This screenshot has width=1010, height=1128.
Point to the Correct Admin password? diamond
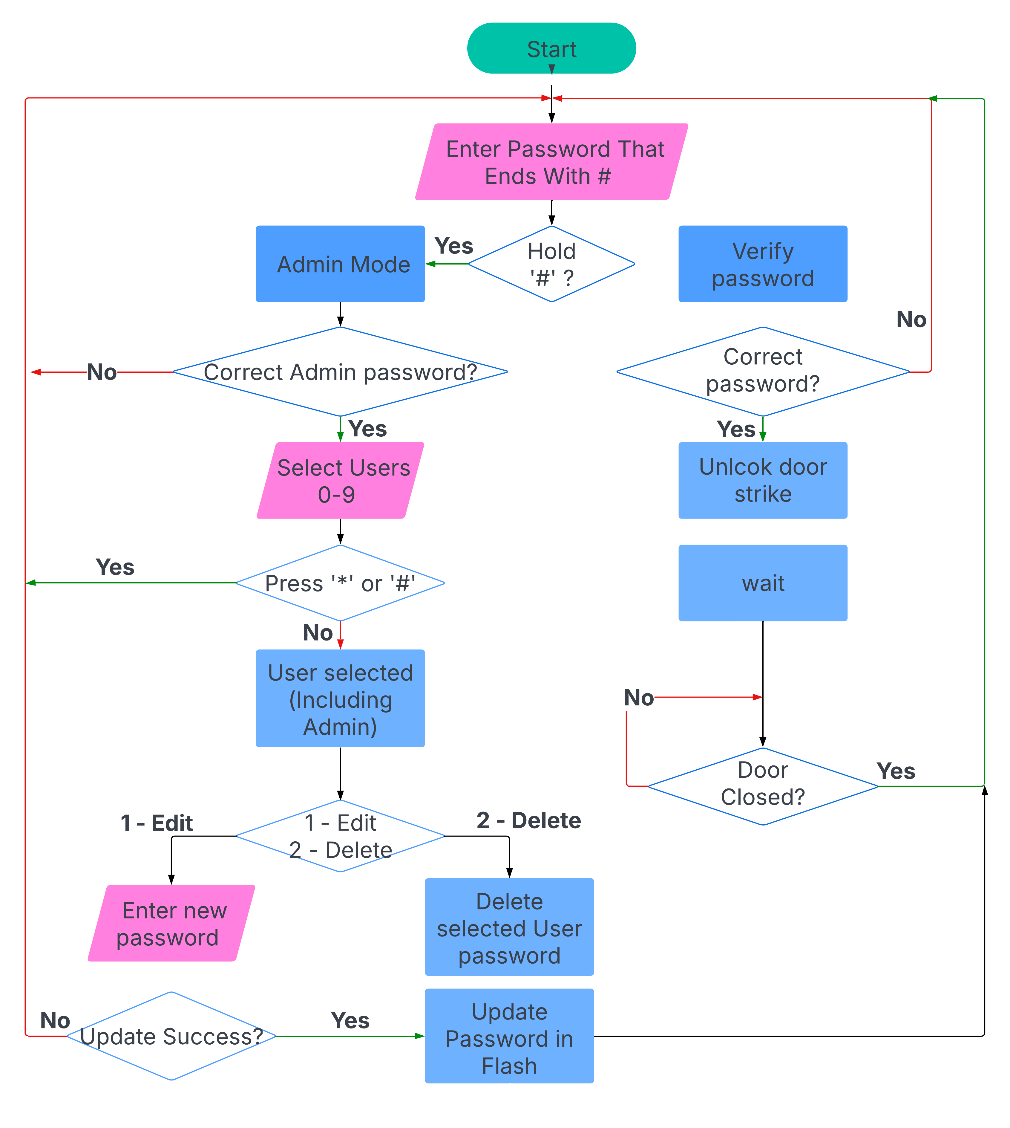[340, 372]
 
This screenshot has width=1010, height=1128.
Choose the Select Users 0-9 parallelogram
[340, 480]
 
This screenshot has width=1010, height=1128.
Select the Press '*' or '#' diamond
[340, 583]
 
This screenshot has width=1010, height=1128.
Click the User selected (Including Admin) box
[340, 698]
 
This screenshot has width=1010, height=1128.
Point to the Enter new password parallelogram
[171, 923]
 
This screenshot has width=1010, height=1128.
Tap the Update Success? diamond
[171, 1036]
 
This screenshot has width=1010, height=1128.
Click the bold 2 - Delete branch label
[528, 820]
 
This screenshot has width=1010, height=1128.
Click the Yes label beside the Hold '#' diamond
[453, 246]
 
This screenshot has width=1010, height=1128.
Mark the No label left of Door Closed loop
[639, 698]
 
